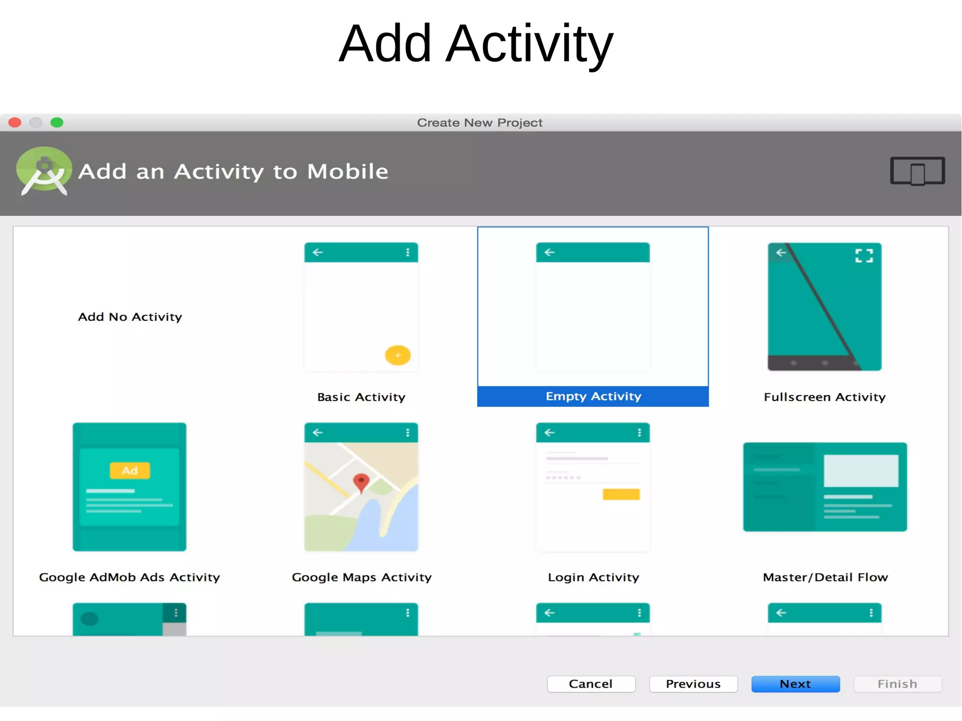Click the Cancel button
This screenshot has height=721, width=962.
[591, 684]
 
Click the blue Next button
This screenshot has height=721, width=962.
[795, 684]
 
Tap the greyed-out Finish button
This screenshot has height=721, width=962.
[897, 684]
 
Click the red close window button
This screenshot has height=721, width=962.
[15, 123]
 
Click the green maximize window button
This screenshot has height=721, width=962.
[57, 123]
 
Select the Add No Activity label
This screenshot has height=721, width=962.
[130, 317]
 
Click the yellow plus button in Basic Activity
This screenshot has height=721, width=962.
[397, 356]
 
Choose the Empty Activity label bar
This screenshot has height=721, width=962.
[593, 396]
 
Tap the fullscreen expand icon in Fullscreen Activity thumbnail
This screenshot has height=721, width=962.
[864, 256]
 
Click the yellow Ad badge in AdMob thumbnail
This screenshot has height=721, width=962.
[130, 471]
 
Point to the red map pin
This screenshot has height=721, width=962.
[361, 482]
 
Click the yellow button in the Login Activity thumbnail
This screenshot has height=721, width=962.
[621, 494]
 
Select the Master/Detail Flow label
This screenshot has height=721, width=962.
[825, 577]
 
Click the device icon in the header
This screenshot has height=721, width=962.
[917, 171]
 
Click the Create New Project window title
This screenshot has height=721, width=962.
[480, 123]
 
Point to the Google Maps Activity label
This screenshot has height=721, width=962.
[361, 577]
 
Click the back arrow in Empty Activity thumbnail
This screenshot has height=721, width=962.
[549, 253]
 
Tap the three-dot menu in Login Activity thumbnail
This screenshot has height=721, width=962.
[639, 433]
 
